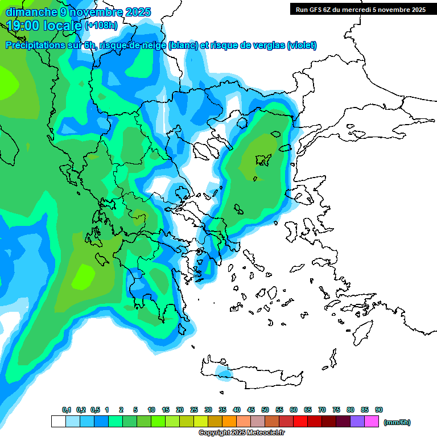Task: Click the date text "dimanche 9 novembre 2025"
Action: [x=78, y=12]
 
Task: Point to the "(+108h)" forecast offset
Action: [x=101, y=26]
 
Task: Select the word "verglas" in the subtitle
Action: [x=265, y=46]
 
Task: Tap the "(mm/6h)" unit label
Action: [x=397, y=422]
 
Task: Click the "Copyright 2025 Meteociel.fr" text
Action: [x=241, y=433]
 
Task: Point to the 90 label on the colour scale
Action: [x=379, y=410]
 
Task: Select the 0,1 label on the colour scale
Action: [x=67, y=410]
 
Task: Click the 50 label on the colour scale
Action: [x=265, y=410]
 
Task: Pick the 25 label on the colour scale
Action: [x=194, y=410]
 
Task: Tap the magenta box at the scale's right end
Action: [x=372, y=422]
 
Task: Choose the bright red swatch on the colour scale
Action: [x=300, y=422]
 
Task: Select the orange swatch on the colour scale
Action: [x=229, y=422]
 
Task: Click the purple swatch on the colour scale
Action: [x=357, y=422]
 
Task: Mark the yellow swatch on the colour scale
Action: [x=201, y=422]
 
